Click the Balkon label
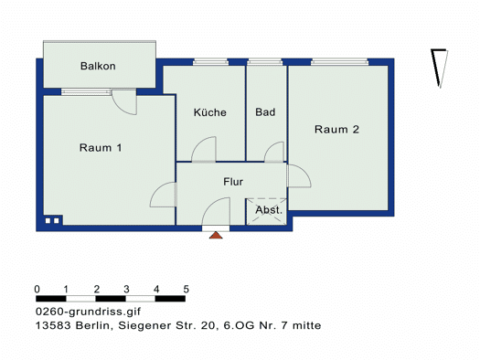[98, 66]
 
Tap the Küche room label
[210, 112]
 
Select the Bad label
[265, 112]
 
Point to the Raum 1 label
[101, 148]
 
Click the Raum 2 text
[336, 130]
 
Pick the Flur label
[233, 182]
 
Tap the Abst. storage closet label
[269, 210]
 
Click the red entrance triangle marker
[216, 235]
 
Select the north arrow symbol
[439, 69]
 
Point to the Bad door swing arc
[270, 147]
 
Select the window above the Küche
[210, 62]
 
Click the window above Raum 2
[340, 62]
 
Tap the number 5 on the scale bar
[187, 289]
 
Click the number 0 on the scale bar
[37, 289]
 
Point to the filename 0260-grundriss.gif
[88, 312]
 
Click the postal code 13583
[53, 325]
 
